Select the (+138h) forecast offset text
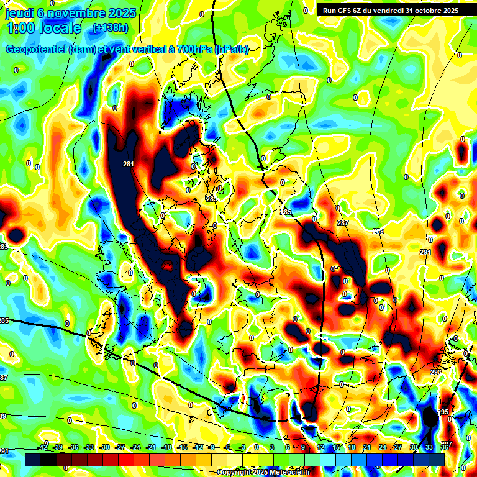[111, 28]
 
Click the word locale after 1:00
[59, 28]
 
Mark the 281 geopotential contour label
[129, 164]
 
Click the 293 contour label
[436, 372]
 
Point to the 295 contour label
[442, 412]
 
